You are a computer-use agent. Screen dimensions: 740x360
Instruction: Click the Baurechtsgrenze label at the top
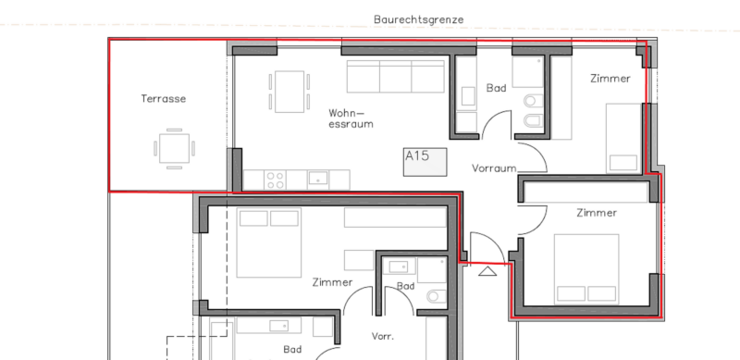419,19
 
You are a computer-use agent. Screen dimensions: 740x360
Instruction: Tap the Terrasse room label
164,99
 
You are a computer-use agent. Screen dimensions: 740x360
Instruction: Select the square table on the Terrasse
174,148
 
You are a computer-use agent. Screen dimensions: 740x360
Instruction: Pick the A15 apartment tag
425,162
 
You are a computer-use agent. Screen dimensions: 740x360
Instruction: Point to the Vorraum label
494,168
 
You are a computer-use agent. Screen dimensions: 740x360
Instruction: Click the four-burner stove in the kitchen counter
275,180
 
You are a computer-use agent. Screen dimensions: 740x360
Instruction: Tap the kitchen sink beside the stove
318,179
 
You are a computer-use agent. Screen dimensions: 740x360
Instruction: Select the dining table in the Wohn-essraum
290,92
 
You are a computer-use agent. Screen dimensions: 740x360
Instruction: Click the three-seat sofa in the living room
396,76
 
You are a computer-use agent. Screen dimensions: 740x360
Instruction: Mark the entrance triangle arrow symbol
487,271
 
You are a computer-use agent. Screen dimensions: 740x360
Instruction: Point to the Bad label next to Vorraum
496,88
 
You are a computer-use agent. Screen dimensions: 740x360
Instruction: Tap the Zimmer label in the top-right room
610,79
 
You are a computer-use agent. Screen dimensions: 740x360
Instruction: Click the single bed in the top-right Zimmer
623,139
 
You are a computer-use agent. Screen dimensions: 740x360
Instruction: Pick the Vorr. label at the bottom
383,337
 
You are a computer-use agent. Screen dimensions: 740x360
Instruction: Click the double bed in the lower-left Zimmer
268,242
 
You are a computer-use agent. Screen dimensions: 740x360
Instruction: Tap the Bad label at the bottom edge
292,350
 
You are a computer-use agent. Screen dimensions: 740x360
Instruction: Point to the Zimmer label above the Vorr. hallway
332,282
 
